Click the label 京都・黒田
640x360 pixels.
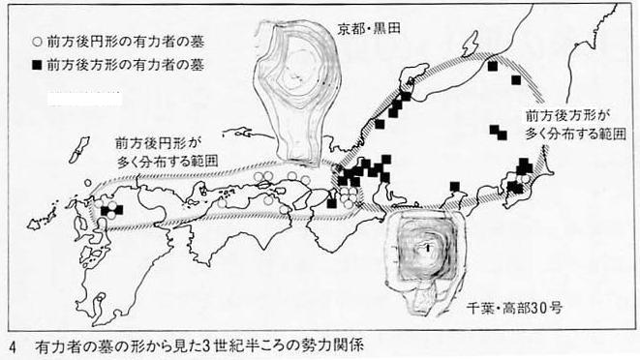tap(369, 28)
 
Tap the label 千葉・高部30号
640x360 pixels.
tap(514, 307)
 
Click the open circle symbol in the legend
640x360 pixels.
tap(38, 42)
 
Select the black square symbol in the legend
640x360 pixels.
tap(37, 65)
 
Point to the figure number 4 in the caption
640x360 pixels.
tap(13, 347)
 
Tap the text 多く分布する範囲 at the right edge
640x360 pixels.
tap(575, 134)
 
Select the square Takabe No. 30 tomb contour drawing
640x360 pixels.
tap(423, 261)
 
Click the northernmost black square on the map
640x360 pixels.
tap(493, 65)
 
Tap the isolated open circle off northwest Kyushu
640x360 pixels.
tap(88, 183)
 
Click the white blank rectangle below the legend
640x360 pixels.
tap(84, 99)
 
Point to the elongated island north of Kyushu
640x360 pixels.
tap(78, 150)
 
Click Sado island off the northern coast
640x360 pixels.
tap(470, 45)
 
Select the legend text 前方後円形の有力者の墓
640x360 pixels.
tap(125, 42)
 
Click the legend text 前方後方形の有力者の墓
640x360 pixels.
tap(125, 65)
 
